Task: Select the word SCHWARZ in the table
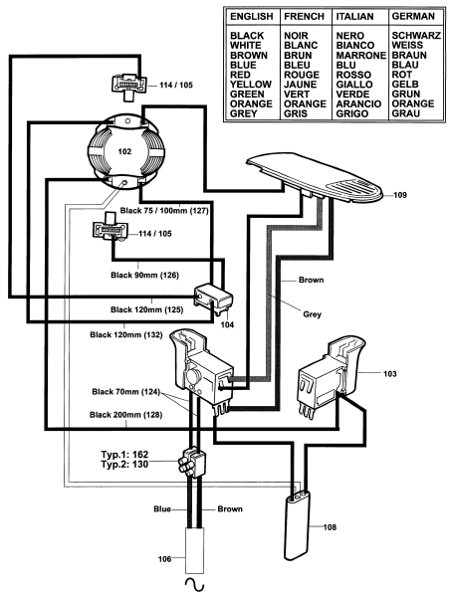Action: (416, 36)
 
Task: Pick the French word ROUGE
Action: (302, 75)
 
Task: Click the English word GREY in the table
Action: (244, 113)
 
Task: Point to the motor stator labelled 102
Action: (125, 151)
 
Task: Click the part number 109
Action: (400, 195)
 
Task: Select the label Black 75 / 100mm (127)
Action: (164, 211)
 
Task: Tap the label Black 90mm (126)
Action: (144, 275)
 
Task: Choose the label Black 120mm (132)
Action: (126, 335)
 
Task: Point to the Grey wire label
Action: (313, 314)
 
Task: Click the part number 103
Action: (389, 374)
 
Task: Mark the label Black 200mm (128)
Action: (126, 415)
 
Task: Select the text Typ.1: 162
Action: (124, 455)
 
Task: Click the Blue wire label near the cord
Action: (162, 509)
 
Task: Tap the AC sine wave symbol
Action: (194, 583)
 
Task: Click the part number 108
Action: (330, 527)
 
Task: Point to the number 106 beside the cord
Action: (165, 559)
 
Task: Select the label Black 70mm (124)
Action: (126, 392)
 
